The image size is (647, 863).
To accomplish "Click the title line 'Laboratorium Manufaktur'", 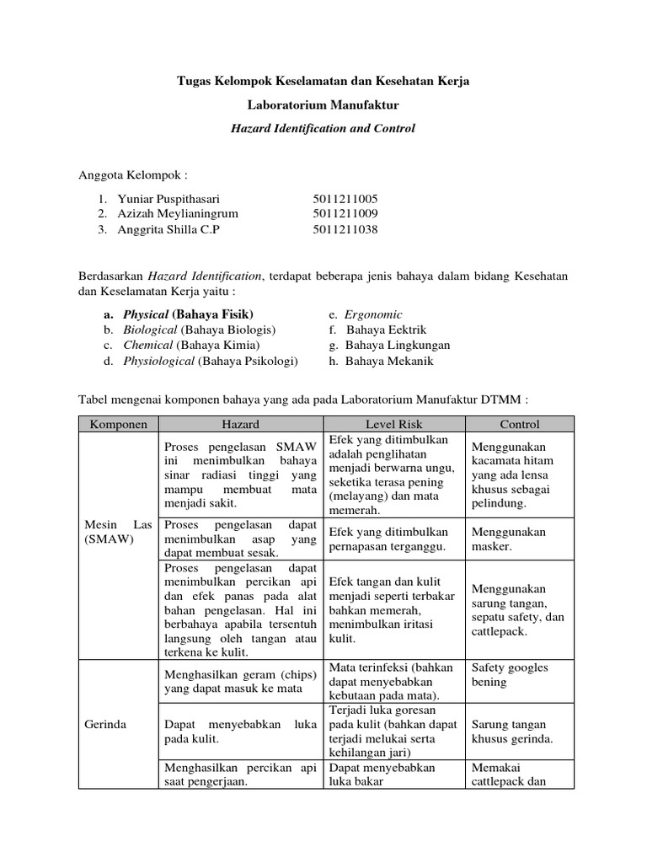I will pos(323,105).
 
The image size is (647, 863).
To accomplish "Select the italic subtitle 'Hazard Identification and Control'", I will pos(323,129).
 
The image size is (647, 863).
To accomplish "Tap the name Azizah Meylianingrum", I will pos(170,214).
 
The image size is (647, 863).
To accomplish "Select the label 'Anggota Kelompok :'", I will pos(132,174).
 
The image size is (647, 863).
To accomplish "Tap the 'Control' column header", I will pos(519,424).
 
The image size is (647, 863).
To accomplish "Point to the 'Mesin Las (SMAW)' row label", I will pos(119,532).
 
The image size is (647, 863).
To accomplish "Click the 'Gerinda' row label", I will pos(106,724).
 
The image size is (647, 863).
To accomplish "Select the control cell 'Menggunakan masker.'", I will pos(509,539).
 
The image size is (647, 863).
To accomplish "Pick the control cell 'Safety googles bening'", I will pos(510,674).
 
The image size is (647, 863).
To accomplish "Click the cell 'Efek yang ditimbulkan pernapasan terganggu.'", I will pos(388,539).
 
